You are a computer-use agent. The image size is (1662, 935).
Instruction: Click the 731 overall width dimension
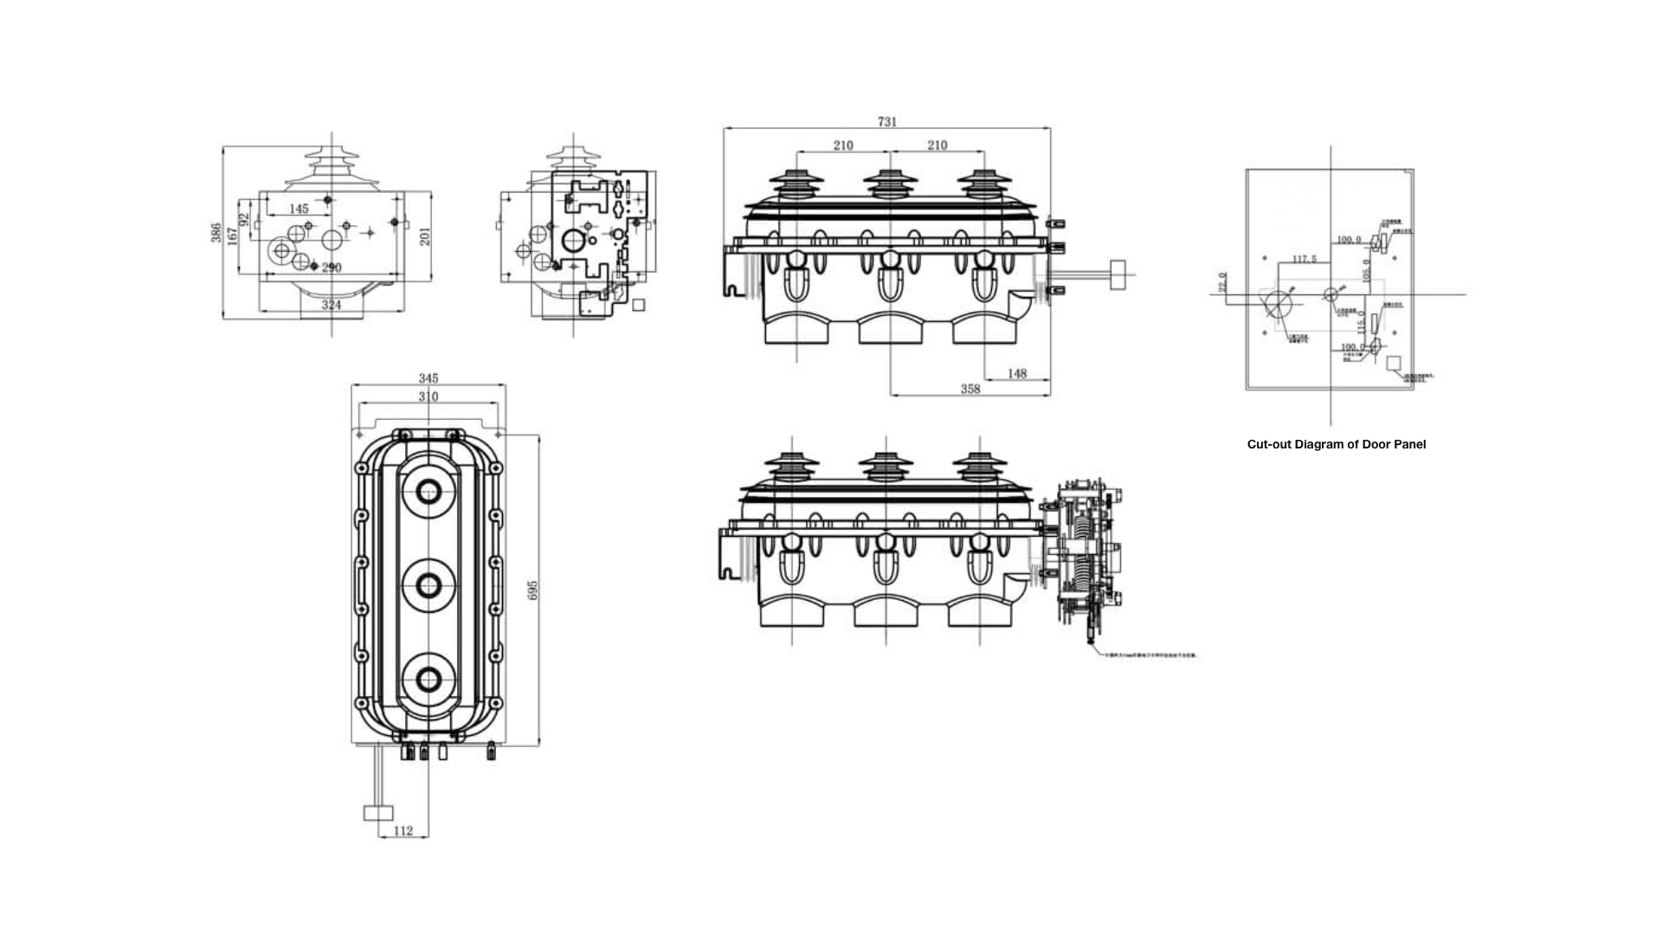[x=887, y=122]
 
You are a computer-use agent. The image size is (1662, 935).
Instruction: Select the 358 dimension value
[x=970, y=390]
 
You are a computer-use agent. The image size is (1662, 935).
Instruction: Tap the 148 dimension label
[x=1017, y=373]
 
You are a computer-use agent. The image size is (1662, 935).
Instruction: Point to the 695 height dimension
[x=533, y=590]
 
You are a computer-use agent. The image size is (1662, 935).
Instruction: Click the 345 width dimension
[x=428, y=378]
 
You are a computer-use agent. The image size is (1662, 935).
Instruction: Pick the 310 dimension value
[x=428, y=397]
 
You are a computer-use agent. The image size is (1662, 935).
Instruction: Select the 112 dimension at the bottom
[x=403, y=831]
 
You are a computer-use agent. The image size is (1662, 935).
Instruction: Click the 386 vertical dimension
[x=216, y=232]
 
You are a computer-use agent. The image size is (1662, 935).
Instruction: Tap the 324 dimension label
[x=332, y=305]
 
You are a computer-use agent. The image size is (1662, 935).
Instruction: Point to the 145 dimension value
[x=299, y=209]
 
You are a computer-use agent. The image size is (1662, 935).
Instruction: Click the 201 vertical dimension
[x=425, y=235]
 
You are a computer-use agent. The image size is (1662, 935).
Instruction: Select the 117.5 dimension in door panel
[x=1304, y=259]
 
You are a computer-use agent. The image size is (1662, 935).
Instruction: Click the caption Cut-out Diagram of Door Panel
[x=1336, y=444]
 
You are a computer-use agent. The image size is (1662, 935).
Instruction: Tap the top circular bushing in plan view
[x=428, y=492]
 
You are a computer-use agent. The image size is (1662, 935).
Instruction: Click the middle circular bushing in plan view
[x=428, y=586]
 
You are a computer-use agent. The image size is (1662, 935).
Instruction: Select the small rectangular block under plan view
[x=378, y=813]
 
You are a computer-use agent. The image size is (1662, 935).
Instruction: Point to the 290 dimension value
[x=332, y=268]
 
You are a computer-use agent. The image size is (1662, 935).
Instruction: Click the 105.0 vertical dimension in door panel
[x=1367, y=269]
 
